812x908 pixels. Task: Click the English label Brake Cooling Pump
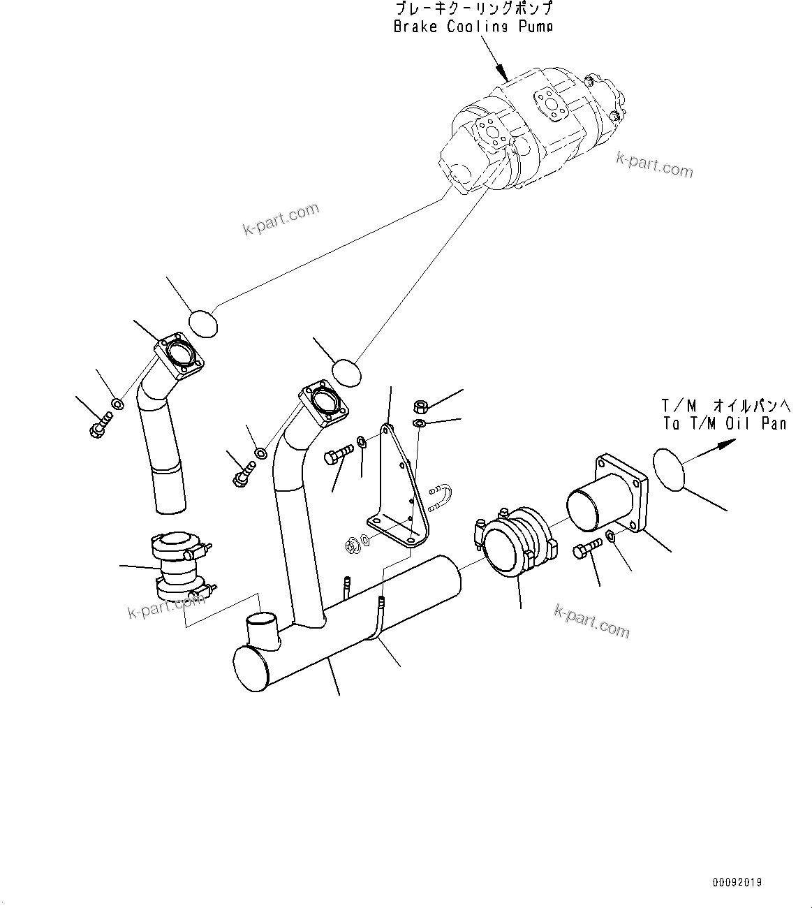[473, 27]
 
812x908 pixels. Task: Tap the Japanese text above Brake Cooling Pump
[473, 9]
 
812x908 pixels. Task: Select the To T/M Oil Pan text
[724, 423]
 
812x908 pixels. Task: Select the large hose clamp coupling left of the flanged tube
[512, 539]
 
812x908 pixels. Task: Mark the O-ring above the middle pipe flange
[346, 372]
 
